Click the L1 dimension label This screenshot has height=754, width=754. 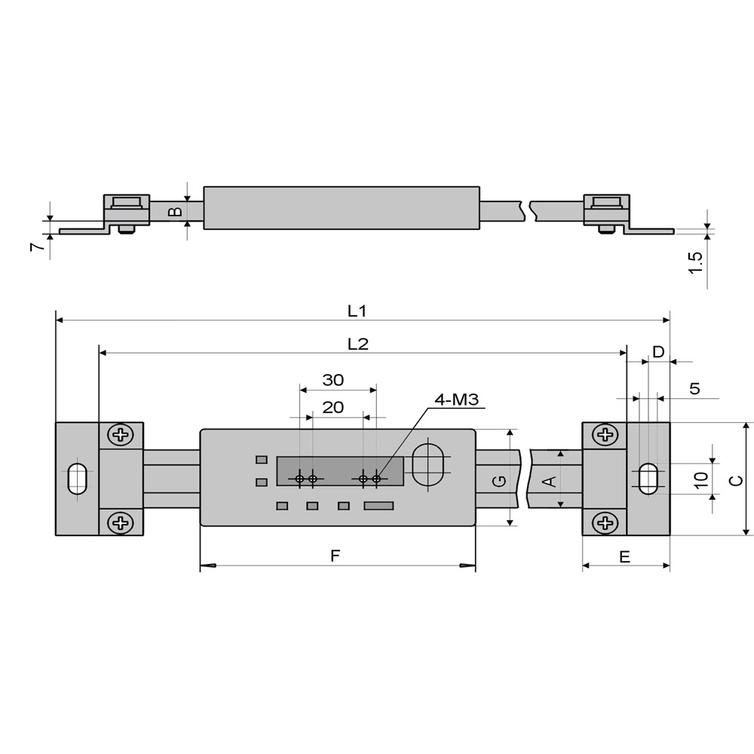tap(357, 310)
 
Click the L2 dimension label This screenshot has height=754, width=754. tap(358, 344)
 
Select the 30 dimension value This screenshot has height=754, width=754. tap(333, 380)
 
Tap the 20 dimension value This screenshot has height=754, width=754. tap(333, 407)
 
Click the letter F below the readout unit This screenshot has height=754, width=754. tap(336, 556)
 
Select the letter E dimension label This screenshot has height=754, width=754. tap(624, 556)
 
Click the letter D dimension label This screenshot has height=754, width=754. tap(658, 351)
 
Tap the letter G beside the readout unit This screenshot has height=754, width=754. tap(497, 481)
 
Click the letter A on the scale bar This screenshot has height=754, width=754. tap(550, 480)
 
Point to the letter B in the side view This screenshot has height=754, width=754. tap(175, 213)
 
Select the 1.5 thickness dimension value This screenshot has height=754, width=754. tap(697, 262)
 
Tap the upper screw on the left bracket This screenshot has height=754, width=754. tap(120, 434)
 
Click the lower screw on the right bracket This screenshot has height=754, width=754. tap(605, 522)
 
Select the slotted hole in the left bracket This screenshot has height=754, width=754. tap(76, 479)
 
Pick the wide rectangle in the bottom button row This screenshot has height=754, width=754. tap(379, 505)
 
